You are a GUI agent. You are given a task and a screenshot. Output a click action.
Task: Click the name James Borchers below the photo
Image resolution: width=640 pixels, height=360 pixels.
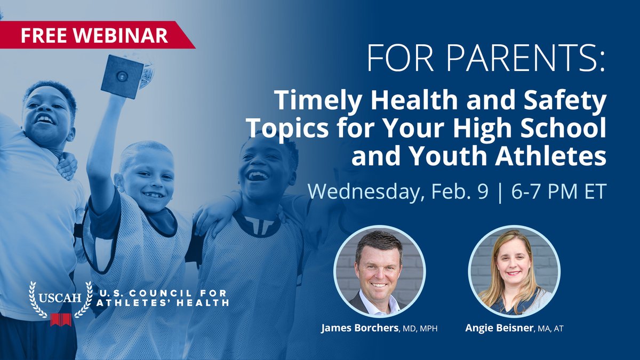359,328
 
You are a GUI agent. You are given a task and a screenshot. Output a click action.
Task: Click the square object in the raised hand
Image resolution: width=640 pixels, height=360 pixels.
122,76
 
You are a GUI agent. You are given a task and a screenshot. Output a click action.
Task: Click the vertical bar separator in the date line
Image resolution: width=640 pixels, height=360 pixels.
499,191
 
